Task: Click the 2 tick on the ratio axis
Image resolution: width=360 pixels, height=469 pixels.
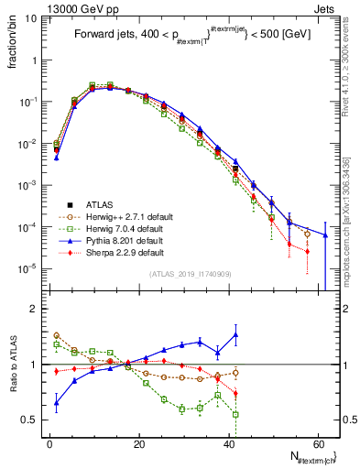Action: (35, 309)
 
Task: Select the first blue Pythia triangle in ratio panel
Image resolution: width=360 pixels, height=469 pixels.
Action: (57, 402)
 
